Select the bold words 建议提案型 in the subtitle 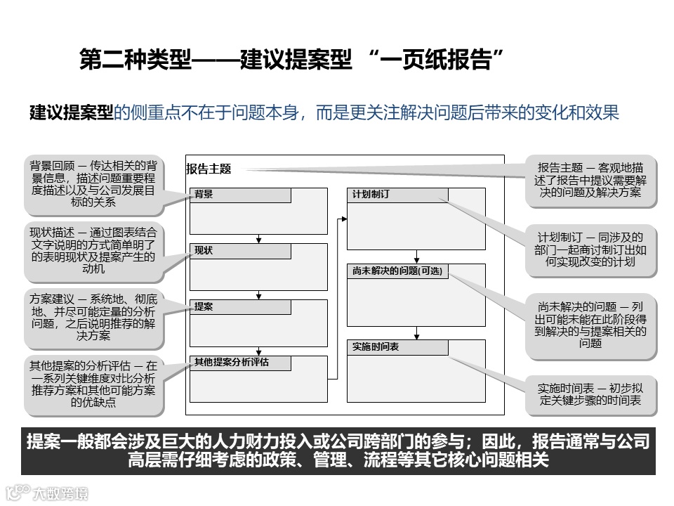coord(71,112)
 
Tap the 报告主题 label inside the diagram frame coord(209,169)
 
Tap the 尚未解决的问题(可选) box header coord(397,271)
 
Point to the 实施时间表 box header coord(397,347)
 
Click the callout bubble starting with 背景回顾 coord(93,184)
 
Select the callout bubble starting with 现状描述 coord(93,249)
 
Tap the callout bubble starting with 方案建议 coord(93,316)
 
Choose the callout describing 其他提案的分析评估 coord(93,384)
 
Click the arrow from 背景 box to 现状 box coord(259,238)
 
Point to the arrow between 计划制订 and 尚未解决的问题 coord(416,257)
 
